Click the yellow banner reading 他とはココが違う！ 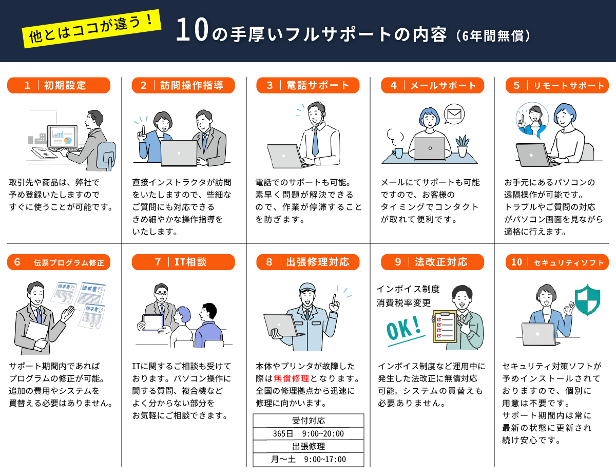pos(91,29)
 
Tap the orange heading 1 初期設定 pos(59,85)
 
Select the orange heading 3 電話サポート pos(308,85)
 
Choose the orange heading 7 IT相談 pos(183,262)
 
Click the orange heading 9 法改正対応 pos(432,262)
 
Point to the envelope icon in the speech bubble pos(454,114)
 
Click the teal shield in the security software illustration pos(587,300)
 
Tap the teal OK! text pos(404,328)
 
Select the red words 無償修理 pos(291,378)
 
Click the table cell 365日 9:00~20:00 pos(308,433)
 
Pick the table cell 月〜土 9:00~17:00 pos(308,459)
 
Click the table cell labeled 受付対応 pos(308,421)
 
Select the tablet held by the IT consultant pos(153,322)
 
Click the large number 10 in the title pos(192,30)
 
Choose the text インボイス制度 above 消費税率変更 pos(408,289)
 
